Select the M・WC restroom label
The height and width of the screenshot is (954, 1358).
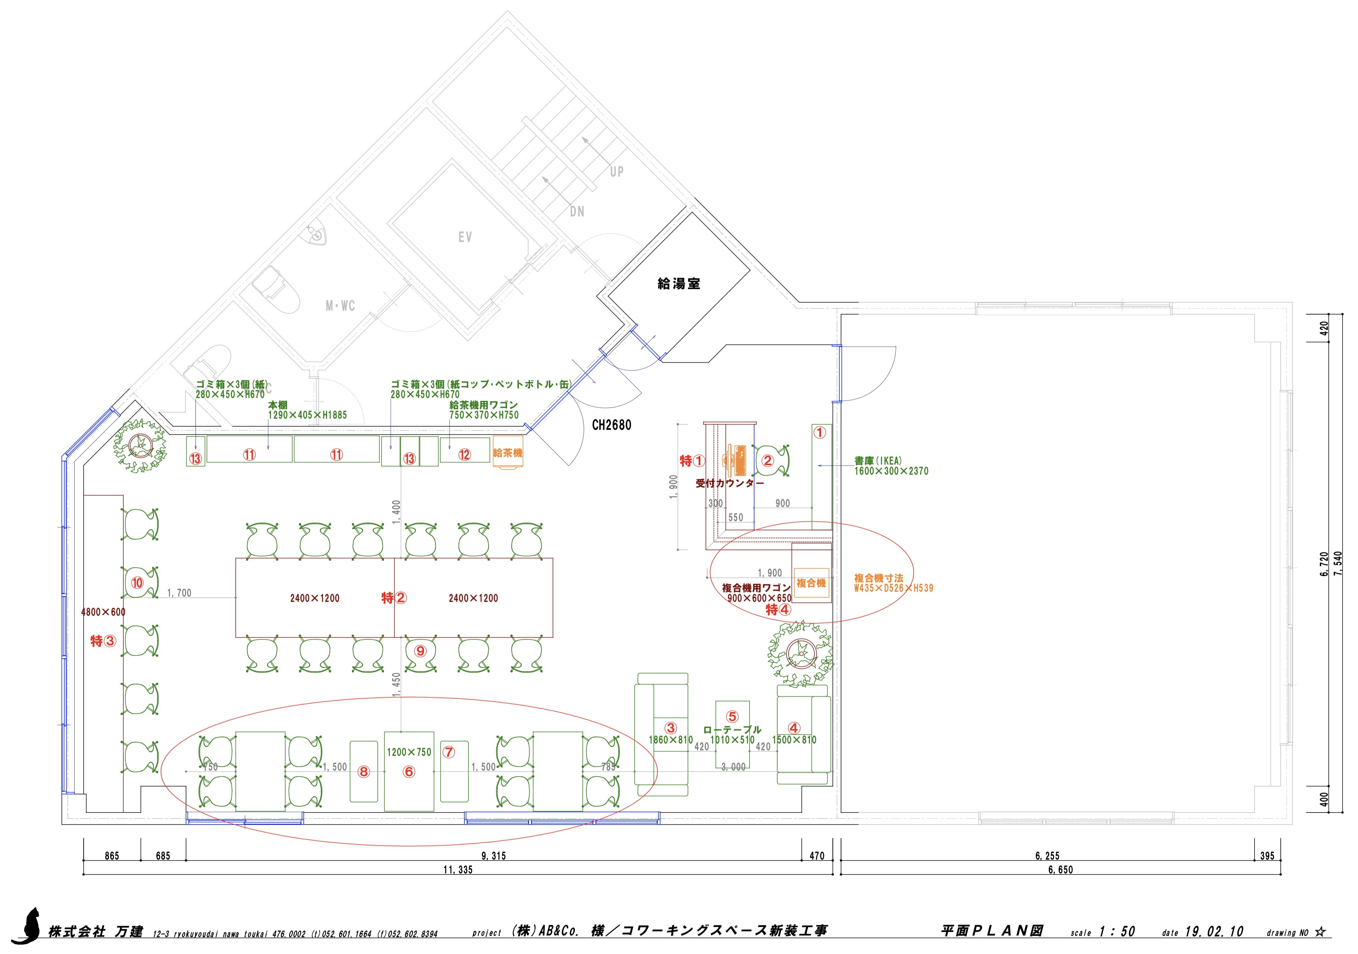pyautogui.click(x=340, y=306)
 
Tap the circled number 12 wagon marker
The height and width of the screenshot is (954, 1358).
pyautogui.click(x=464, y=454)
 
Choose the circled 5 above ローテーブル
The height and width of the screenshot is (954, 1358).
pyautogui.click(x=732, y=717)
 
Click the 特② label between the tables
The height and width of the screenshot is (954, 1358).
pyautogui.click(x=394, y=598)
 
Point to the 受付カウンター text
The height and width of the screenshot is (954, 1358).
pyautogui.click(x=729, y=483)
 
